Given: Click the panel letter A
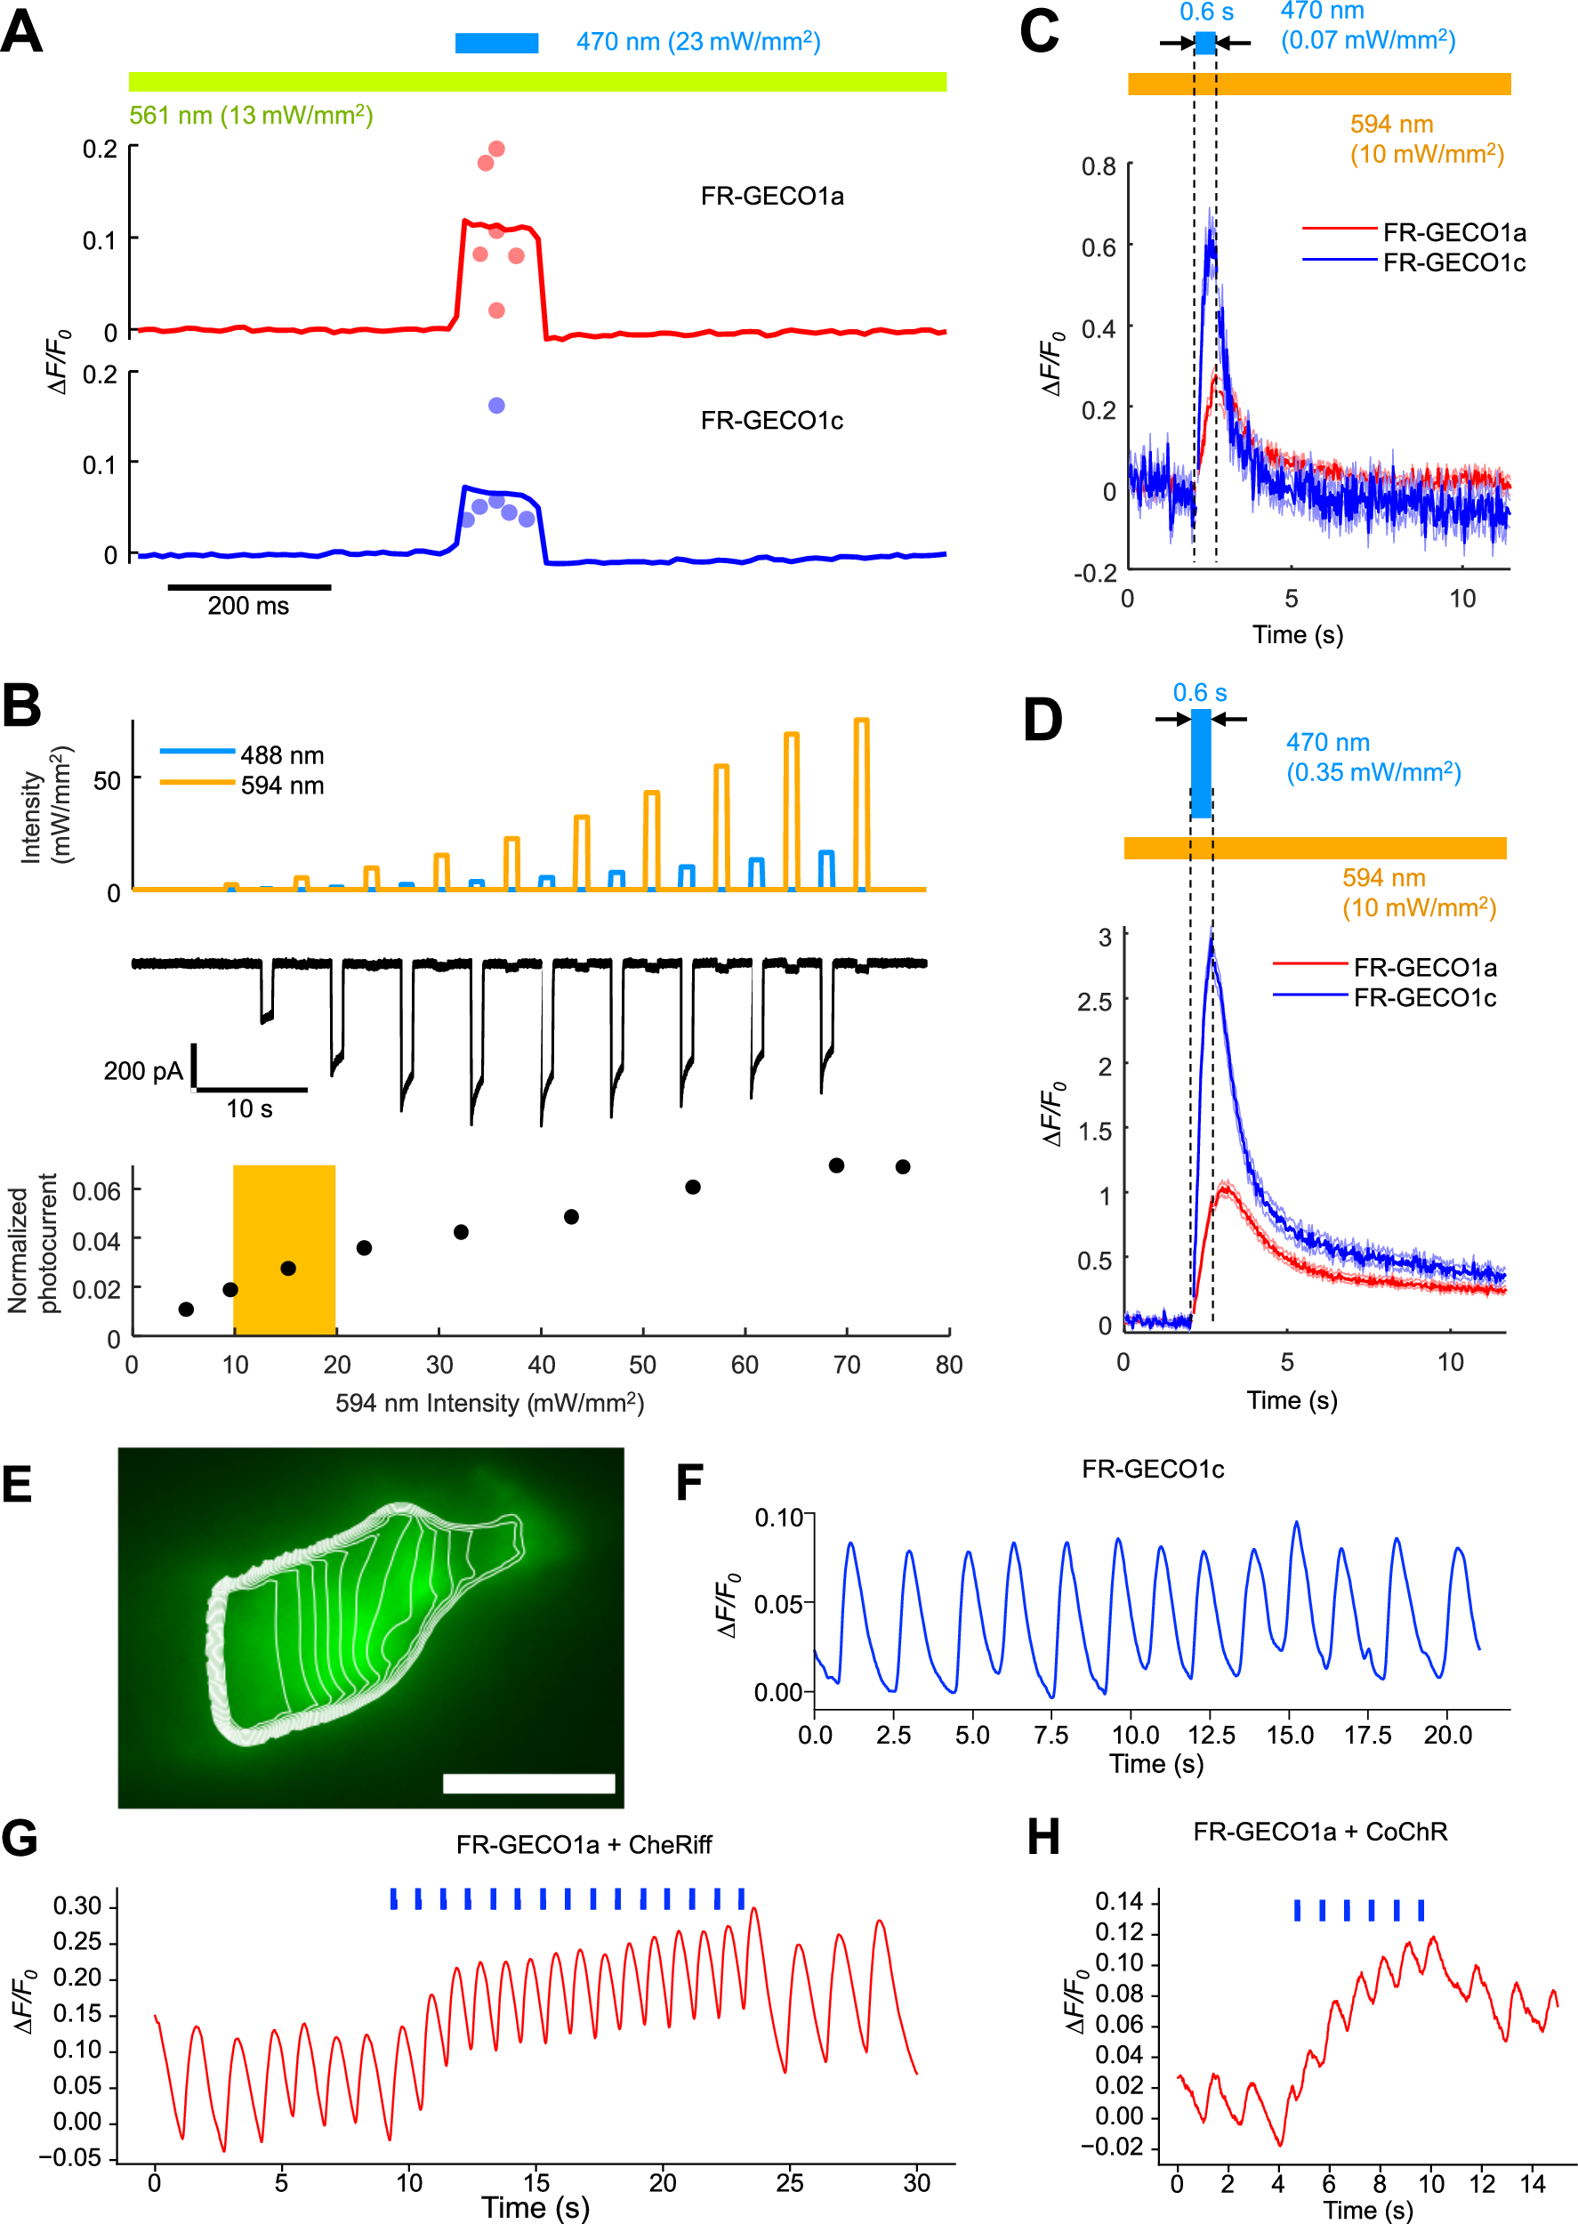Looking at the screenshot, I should coord(21,31).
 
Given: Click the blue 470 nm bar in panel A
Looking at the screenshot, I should coord(496,43).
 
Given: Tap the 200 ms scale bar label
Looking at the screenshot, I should coord(248,607).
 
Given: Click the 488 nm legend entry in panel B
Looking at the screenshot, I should coord(242,755).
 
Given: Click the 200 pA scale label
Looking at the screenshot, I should coord(143,1071).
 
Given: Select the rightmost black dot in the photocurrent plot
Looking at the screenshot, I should coord(903,1167).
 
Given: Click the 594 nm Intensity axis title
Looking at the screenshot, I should coord(490,1403).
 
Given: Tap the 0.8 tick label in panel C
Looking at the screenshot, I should coord(1099,166).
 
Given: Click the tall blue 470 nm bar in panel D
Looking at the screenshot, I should coord(1201,763).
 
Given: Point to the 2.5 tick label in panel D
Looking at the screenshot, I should coord(1094,1002).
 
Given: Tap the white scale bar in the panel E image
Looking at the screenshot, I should coord(528,1783).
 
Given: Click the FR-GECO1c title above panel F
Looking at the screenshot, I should coord(1153,1468).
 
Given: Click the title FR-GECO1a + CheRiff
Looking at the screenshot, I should coord(584,1844).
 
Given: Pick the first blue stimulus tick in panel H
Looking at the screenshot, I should coord(1297,1910).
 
